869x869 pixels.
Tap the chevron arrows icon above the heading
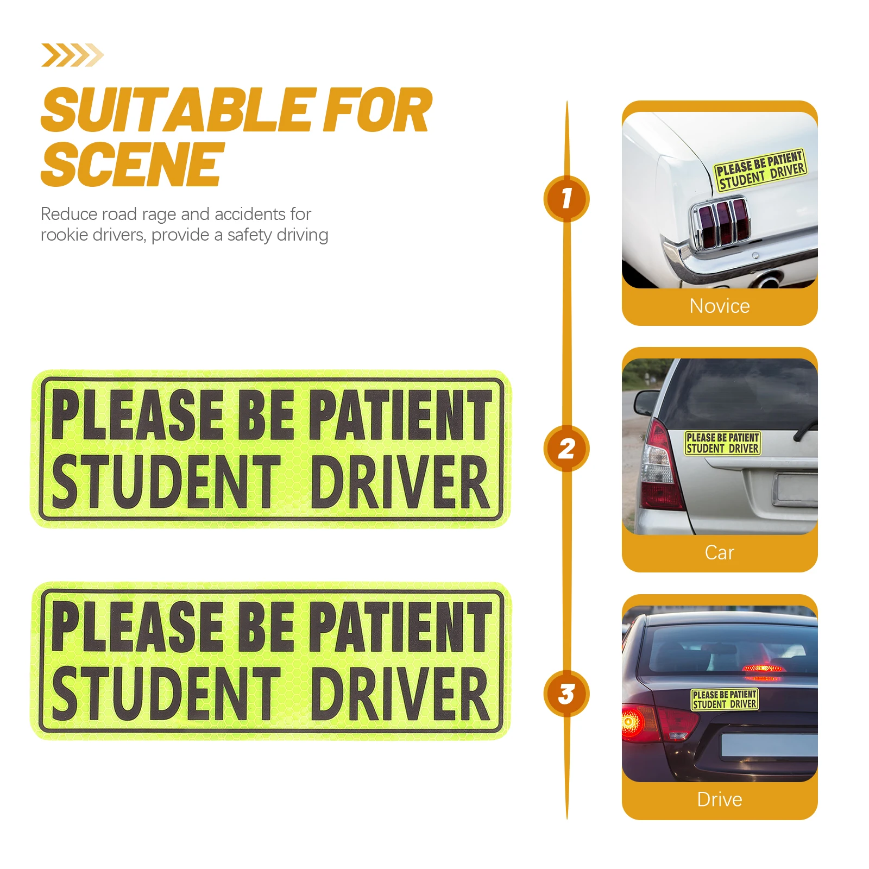coord(72,55)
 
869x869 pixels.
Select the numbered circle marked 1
coord(566,198)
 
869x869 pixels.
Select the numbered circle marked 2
coord(566,449)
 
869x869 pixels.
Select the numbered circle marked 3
coord(566,694)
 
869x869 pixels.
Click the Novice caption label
coord(719,306)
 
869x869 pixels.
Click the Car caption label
coord(719,553)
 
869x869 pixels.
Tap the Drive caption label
coord(719,799)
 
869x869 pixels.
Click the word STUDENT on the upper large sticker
coord(166,482)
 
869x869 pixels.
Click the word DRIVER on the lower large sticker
coord(401,694)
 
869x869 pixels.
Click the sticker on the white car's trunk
coord(760,170)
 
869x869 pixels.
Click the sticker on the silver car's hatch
coord(722,443)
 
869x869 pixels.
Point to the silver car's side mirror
coord(646,402)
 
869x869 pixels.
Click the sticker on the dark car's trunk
coord(725,700)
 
